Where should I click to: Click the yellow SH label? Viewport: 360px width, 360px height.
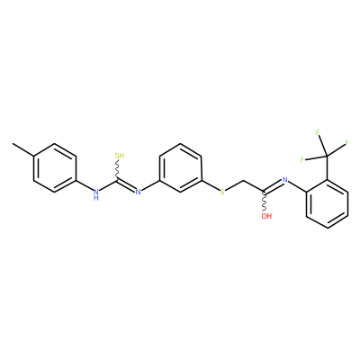coord(120,156)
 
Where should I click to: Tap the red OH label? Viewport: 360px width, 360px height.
coord(266,216)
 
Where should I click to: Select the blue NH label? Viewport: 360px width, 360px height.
coord(96,194)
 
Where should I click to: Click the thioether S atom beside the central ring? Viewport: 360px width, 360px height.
coord(222,193)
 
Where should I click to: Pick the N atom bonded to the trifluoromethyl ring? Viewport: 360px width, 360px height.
coord(285,180)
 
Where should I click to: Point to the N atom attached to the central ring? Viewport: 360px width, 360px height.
coord(138,192)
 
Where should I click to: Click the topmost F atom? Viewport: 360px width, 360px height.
coord(318,132)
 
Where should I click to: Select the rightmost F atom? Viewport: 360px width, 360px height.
coord(347,143)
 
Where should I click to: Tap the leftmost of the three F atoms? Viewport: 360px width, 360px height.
coord(302,159)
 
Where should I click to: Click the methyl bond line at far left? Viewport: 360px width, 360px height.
coord(23,149)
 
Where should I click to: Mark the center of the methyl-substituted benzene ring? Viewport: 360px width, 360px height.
coord(55,168)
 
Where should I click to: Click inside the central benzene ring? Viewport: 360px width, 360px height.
coord(180,168)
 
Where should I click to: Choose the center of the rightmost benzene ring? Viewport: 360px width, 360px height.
coord(328,204)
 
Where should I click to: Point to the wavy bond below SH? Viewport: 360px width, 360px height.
coord(118,170)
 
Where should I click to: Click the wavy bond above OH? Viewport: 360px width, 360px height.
coord(264,202)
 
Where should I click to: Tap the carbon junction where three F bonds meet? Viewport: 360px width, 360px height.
coord(327,156)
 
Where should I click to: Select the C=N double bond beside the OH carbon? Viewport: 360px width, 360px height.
coord(273,186)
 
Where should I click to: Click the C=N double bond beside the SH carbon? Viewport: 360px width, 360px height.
coord(126,185)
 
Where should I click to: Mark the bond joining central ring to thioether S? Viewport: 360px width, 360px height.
coord(211,186)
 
